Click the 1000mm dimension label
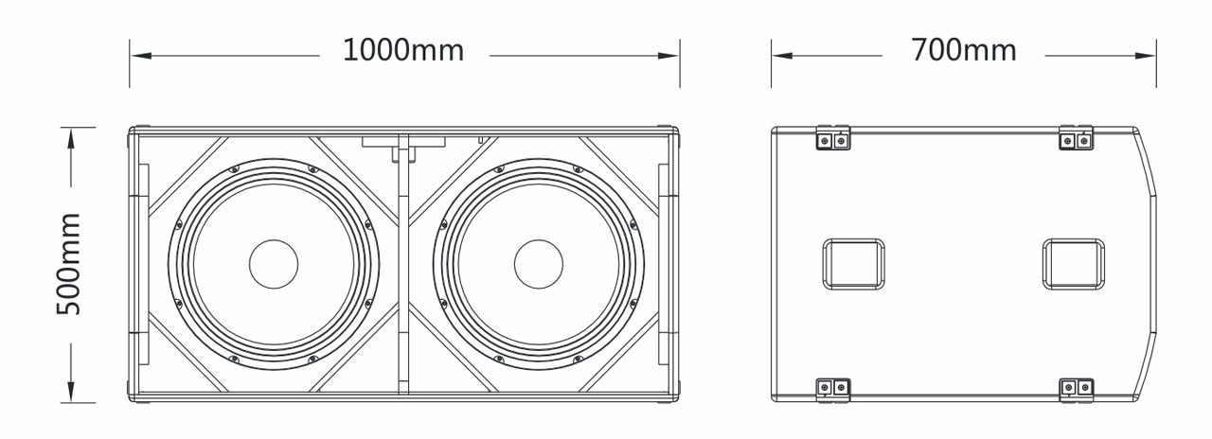coord(403,50)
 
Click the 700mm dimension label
coord(963,50)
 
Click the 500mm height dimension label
coord(69,264)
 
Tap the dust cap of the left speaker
coord(274,264)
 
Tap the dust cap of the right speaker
coord(539,264)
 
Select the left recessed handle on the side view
coord(853,264)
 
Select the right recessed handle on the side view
coord(1074,264)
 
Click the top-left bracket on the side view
coord(833,139)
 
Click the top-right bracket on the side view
coord(1077,139)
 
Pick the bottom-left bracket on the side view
coord(833,388)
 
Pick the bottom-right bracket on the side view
coord(1077,388)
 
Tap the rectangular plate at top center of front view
coord(403,141)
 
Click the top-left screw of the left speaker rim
coord(233,170)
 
